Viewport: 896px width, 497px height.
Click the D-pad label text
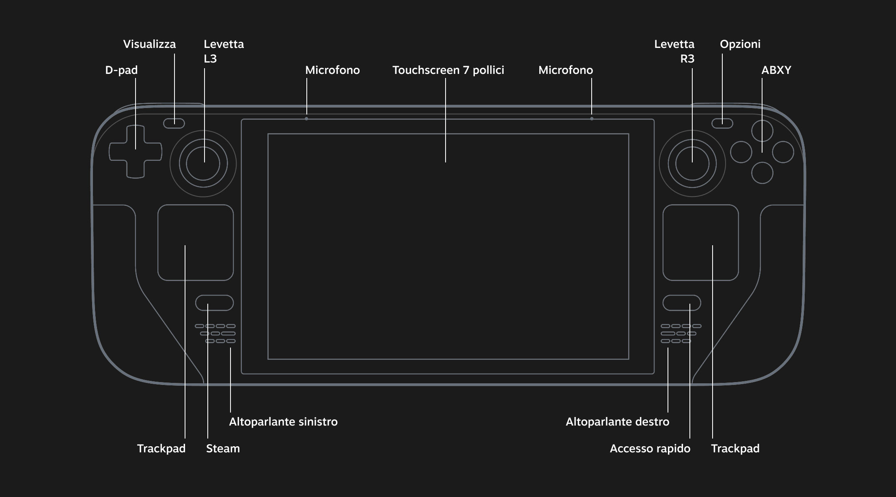click(121, 70)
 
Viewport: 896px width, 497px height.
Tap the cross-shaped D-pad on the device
click(136, 152)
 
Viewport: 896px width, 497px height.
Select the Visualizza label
click(149, 44)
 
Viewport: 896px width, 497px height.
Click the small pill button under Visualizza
click(174, 123)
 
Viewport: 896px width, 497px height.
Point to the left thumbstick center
click(203, 164)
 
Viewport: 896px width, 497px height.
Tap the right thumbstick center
click(692, 164)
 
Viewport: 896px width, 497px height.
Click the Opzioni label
click(740, 44)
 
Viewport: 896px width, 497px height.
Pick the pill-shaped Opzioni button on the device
click(722, 123)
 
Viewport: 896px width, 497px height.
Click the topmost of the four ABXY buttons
click(762, 131)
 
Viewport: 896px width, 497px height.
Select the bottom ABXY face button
click(762, 173)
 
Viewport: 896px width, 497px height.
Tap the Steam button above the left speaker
click(214, 303)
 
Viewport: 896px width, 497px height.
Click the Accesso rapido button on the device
click(682, 303)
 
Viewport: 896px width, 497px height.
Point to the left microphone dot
click(306, 119)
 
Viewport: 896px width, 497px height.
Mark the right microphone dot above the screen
click(592, 119)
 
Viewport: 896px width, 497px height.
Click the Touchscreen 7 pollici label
click(448, 70)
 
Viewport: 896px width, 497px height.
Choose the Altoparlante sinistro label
click(283, 422)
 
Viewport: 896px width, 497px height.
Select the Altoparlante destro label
click(617, 422)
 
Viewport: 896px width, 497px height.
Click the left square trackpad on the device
click(196, 242)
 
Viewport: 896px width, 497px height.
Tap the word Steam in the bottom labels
click(223, 449)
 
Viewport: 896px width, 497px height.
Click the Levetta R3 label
click(674, 52)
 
